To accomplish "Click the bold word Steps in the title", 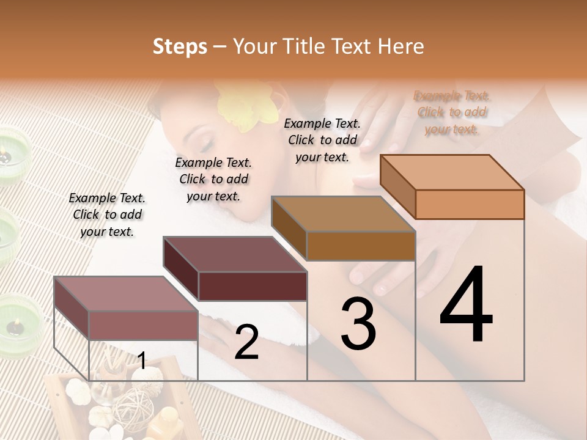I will [x=180, y=46].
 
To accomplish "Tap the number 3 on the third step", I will [x=358, y=324].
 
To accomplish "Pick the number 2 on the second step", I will [x=246, y=342].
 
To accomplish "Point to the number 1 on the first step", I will [x=142, y=361].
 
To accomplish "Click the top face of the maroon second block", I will [x=235, y=254].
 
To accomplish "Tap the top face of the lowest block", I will [x=126, y=293].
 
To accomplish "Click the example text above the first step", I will [x=107, y=215].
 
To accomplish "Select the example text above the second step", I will [x=213, y=179].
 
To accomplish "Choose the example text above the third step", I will [x=322, y=140].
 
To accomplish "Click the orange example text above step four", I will [x=452, y=112].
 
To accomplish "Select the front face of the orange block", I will [x=470, y=204].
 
